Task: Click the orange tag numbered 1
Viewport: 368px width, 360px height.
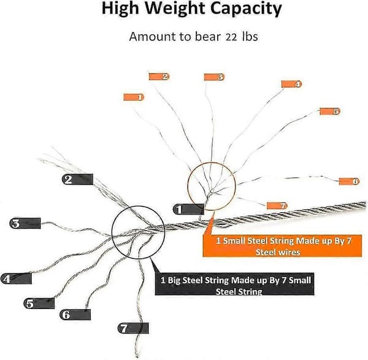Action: coord(134,97)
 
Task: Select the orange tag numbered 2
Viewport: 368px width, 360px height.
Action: coord(159,77)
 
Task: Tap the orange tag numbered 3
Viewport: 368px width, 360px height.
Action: coord(214,77)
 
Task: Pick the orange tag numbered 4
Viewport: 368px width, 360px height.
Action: coord(292,84)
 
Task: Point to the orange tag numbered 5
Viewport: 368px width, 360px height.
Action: coord(330,111)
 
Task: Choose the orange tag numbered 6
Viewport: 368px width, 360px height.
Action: coord(349,182)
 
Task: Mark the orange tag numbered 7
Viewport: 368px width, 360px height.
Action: coord(277,206)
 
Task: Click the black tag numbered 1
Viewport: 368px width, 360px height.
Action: coord(188,209)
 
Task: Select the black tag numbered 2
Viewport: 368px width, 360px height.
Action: coord(77,179)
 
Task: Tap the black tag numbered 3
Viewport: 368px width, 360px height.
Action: coord(25,223)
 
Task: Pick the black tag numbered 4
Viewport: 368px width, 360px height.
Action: coord(16,278)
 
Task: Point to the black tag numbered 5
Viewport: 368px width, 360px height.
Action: coord(39,304)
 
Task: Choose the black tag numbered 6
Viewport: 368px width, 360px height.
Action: coord(75,315)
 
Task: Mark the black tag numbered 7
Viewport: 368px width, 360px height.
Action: coord(133,328)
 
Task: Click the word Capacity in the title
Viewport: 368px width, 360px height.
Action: coord(246,9)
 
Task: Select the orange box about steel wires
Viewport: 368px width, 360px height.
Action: coord(282,246)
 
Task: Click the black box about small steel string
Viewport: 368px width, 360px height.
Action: coord(234,284)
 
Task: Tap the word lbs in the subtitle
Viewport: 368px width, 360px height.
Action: coord(250,37)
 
